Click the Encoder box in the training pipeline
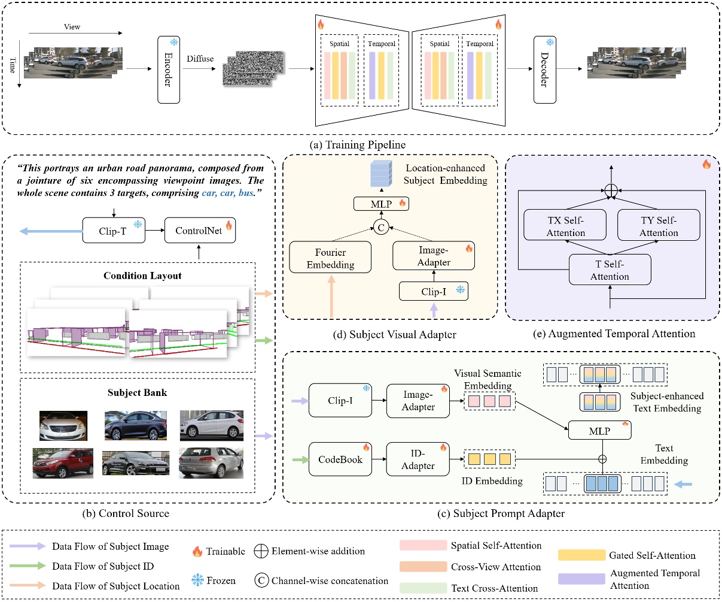pos(169,69)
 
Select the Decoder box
pos(544,69)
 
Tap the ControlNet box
pos(200,231)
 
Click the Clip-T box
pos(113,231)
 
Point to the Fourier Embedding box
pos(330,258)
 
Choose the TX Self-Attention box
pos(565,226)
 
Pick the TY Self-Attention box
pos(659,226)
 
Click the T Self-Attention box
pos(610,270)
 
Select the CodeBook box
pos(340,459)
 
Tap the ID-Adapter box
pos(418,459)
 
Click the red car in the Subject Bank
pos(62,462)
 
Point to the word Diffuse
pos(200,59)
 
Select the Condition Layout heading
pos(142,276)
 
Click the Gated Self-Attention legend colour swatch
pos(581,555)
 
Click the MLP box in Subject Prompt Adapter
pos(599,430)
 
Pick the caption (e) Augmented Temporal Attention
pos(613,334)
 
